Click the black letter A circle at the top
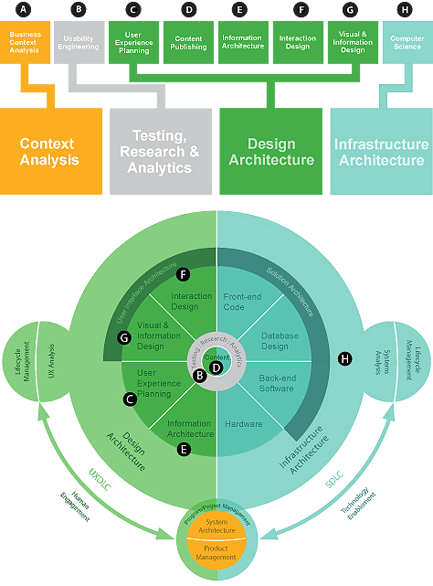point(25,10)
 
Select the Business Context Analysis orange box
point(25,40)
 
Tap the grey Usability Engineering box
point(78,40)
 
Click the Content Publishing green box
point(188,40)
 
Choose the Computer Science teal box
point(407,40)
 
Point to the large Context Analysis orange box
point(49,152)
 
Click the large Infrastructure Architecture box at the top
point(381,152)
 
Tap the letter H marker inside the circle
point(345,359)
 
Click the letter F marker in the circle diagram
point(183,274)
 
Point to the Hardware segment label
point(243,423)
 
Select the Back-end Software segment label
point(277,382)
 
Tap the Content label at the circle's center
point(216,357)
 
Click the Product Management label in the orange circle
point(216,551)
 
